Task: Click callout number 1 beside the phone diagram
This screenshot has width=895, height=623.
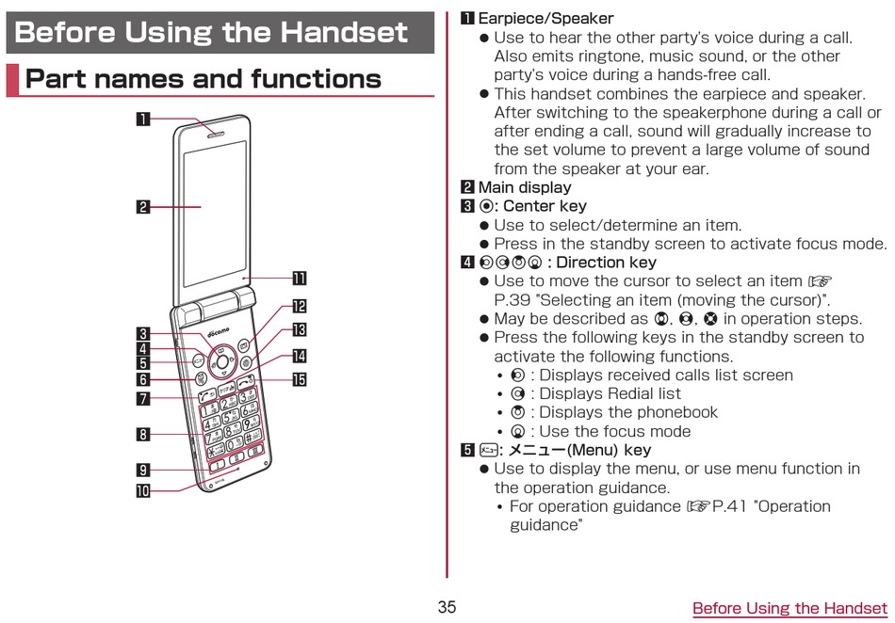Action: click(142, 119)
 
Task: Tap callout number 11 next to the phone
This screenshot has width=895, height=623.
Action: click(299, 278)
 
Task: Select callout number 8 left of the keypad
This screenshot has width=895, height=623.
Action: click(142, 434)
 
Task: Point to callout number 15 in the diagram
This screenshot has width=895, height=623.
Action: click(299, 380)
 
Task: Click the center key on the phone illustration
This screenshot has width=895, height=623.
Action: click(222, 359)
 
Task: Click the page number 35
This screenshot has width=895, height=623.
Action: click(447, 607)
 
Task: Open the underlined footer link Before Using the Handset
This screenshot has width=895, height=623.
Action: click(789, 608)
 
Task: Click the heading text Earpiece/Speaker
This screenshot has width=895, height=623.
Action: click(545, 19)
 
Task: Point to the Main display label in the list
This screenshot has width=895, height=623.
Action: click(525, 187)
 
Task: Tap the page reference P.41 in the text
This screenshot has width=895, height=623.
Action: click(731, 506)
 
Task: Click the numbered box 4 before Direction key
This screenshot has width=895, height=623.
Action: click(467, 263)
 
